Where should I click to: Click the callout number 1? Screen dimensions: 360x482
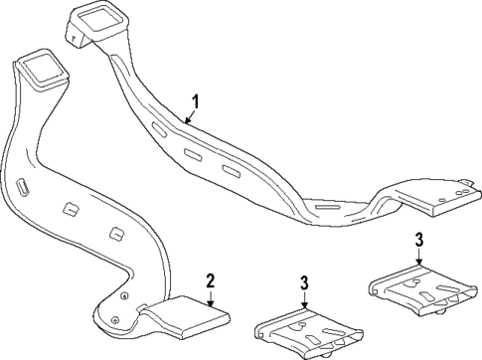(x=196, y=101)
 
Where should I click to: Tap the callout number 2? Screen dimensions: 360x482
(x=210, y=280)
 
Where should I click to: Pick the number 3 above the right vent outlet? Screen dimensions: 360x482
(x=418, y=240)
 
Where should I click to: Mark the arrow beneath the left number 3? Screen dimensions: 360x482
(x=304, y=301)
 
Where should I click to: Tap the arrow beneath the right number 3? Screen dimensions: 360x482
(x=419, y=257)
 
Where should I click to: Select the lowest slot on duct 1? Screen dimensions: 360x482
(x=230, y=172)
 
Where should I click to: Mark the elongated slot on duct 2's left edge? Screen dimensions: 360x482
(x=22, y=190)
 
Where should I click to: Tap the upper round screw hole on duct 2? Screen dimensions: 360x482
(x=122, y=296)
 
